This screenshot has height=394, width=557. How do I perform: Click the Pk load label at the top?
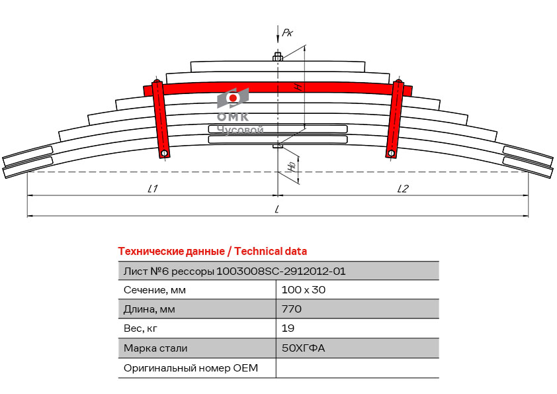coord(287,32)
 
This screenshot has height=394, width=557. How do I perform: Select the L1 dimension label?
coord(152,189)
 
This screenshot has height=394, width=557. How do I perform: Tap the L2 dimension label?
coord(402,189)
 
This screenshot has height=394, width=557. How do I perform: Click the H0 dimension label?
coord(292,168)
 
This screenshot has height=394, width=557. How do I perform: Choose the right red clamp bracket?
coord(396,119)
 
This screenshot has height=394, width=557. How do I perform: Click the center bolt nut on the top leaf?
coord(278,57)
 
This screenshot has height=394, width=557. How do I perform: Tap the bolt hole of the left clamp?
coord(163,154)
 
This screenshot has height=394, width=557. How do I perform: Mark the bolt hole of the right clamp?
coord(392,154)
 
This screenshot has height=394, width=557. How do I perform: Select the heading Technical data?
coord(212,252)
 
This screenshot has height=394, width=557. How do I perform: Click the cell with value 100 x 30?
coord(304,290)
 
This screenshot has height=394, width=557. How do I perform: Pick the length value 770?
coord(292,309)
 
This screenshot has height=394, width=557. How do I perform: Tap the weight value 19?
coord(288,328)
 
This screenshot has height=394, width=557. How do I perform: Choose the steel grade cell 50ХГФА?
coord(304,348)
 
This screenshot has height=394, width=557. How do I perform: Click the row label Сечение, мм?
coord(154,290)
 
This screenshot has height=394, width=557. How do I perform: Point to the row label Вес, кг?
coord(141,328)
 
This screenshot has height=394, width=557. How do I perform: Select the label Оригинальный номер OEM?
coord(191,368)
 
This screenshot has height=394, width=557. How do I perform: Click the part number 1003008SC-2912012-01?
coord(281,271)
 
